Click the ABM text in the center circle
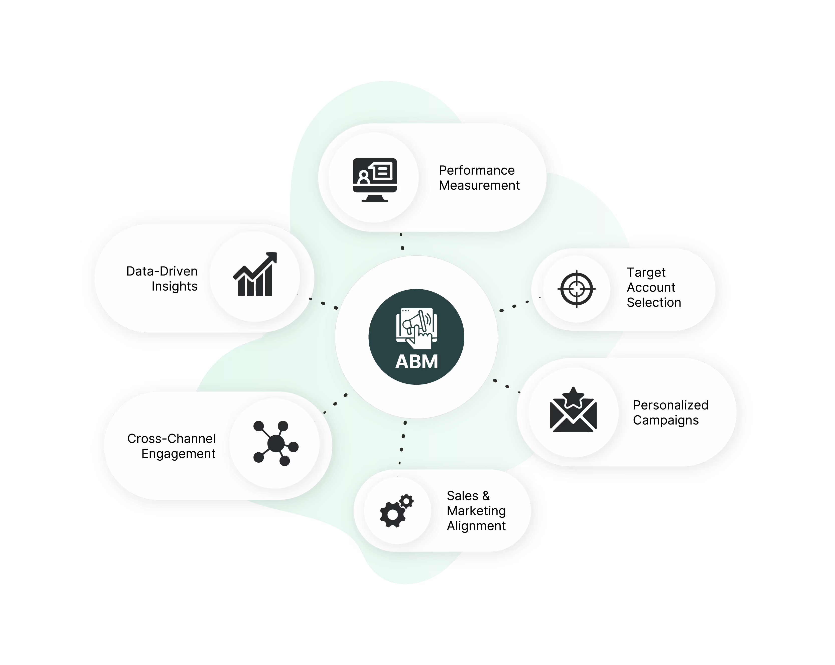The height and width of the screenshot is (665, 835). (416, 362)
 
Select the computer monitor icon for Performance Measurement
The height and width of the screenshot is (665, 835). (374, 180)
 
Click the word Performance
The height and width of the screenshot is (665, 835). (476, 170)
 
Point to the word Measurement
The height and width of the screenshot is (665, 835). (479, 186)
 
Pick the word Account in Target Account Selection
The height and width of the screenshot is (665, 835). (651, 287)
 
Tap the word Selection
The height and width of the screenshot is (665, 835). (654, 303)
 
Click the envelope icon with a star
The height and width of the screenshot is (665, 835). (573, 411)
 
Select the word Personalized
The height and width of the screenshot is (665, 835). (670, 405)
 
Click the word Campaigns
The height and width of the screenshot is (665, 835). (665, 420)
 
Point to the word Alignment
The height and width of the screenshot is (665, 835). (476, 526)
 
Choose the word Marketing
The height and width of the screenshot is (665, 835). (476, 511)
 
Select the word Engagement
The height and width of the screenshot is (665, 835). (178, 454)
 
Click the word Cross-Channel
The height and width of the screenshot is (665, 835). (171, 438)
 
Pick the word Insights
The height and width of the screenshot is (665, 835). (174, 286)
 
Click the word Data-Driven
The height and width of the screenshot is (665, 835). (162, 271)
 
